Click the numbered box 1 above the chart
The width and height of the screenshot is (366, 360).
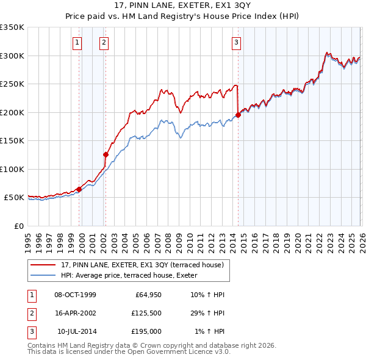point(78,43)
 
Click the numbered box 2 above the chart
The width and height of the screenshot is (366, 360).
point(105,43)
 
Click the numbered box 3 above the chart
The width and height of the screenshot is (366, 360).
point(236,43)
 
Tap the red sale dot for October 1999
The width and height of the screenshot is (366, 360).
point(79,189)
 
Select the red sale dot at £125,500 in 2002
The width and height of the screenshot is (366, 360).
point(106,155)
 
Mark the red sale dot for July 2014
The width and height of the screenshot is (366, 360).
point(238,115)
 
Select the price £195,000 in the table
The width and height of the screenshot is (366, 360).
point(147,331)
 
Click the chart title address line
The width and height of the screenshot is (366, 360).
point(183,8)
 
